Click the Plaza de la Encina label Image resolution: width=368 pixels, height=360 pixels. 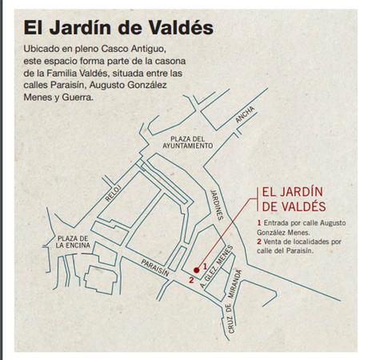72,243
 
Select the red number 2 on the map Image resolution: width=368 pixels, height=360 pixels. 190,281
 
